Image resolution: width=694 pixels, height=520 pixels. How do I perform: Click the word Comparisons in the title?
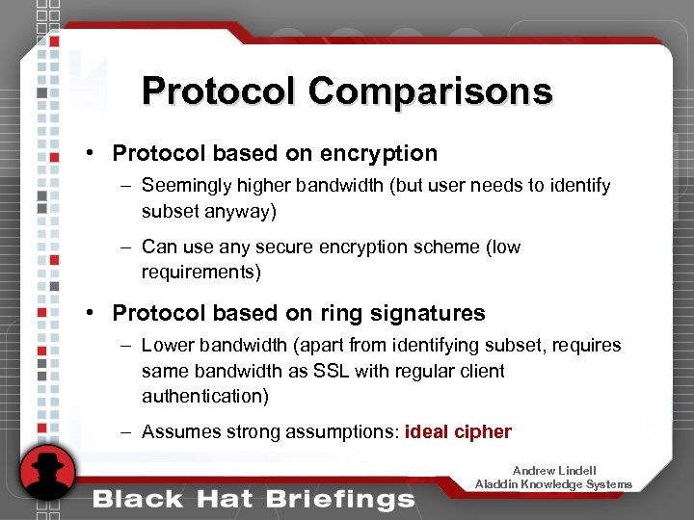431,91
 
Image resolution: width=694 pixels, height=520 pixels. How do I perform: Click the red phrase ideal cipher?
458,431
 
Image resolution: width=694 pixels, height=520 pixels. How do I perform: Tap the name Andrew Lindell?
554,471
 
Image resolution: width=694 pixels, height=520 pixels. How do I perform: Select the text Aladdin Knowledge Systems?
554,484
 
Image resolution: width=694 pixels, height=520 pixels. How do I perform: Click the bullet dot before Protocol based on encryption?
88,153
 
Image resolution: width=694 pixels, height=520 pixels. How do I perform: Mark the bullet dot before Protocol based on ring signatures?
88,313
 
